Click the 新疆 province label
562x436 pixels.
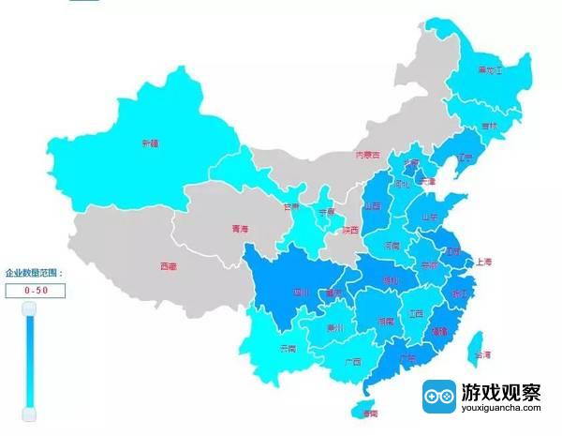150,143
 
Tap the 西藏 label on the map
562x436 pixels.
169,267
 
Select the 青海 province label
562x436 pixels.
241,229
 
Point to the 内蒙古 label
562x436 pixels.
368,156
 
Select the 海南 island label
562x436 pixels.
368,413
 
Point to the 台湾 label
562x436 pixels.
481,355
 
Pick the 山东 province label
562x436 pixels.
430,217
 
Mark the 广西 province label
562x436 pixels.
352,361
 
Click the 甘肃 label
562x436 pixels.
292,206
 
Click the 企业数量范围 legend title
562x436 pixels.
34,273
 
